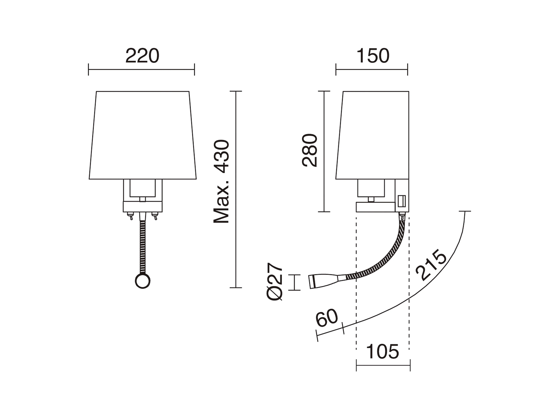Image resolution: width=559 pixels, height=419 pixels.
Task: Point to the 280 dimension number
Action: click(310, 150)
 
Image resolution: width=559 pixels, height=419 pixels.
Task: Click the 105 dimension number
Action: click(383, 352)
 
